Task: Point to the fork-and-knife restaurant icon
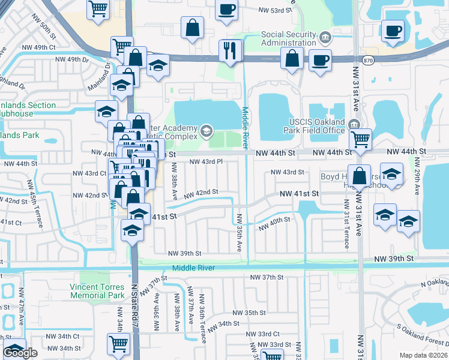pyautogui.click(x=231, y=50)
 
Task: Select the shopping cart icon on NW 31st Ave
pyautogui.click(x=360, y=139)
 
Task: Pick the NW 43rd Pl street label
pyautogui.click(x=206, y=162)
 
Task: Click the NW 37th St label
pyautogui.click(x=267, y=277)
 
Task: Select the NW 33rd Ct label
pyautogui.click(x=264, y=334)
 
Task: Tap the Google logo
pyautogui.click(x=20, y=353)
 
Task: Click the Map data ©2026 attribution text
pyautogui.click(x=424, y=355)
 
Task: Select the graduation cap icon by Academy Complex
pyautogui.click(x=206, y=130)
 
